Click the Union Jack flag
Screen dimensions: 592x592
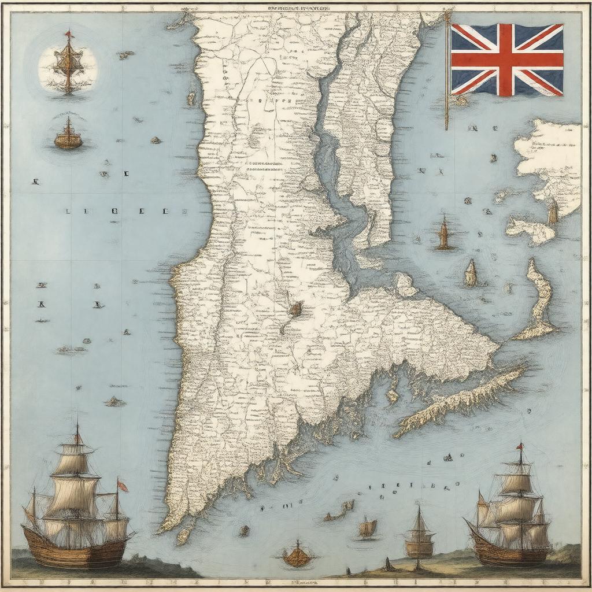[507, 59]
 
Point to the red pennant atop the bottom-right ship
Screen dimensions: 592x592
[520, 445]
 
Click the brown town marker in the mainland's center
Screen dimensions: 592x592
[295, 308]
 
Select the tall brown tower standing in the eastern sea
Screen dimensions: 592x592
[444, 234]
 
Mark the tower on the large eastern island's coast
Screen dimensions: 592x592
[553, 212]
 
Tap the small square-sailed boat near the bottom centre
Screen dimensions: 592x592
[368, 527]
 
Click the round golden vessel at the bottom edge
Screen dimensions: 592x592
[297, 556]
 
